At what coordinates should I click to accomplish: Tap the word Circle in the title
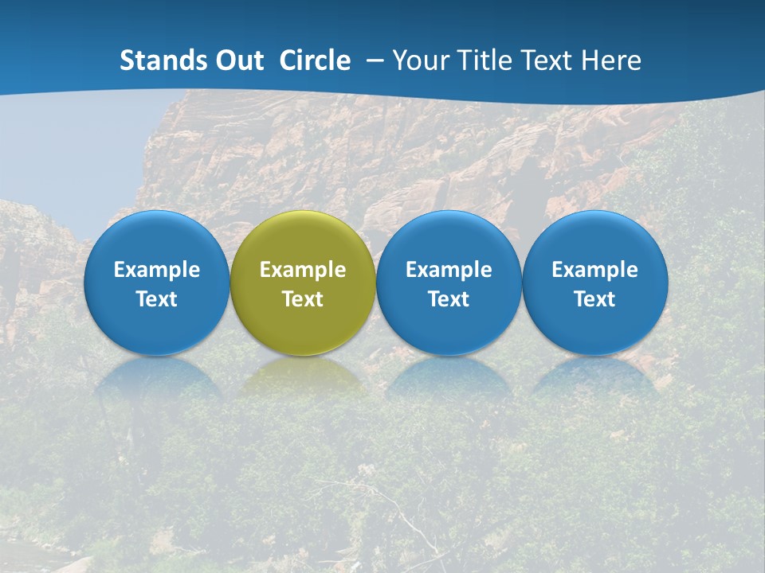click(x=315, y=60)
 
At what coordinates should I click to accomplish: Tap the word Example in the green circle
click(x=303, y=270)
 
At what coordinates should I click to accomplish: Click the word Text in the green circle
click(x=303, y=299)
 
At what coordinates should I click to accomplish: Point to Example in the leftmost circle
click(x=156, y=270)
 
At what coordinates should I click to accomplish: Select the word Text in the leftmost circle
click(x=156, y=299)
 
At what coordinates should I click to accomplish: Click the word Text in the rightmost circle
click(x=595, y=299)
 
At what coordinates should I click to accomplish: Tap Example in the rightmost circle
click(x=595, y=270)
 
